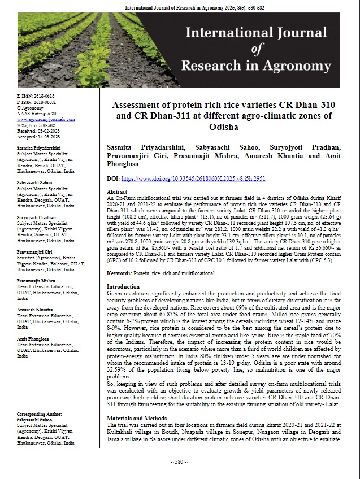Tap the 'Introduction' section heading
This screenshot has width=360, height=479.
[x=124, y=287]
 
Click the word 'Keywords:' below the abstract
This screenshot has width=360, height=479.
[x=120, y=273]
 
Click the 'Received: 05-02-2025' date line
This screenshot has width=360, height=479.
[x=40, y=130]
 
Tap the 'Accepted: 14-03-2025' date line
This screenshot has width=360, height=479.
[x=40, y=136]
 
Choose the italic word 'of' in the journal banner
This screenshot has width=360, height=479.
[x=257, y=49]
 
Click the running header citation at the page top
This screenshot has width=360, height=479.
[x=179, y=7]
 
